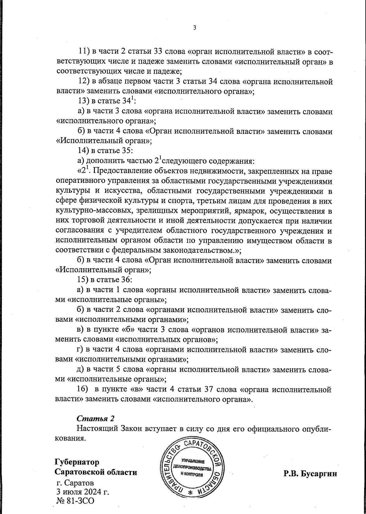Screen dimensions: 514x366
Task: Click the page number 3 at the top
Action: (x=195, y=28)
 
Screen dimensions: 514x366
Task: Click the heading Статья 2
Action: (x=95, y=418)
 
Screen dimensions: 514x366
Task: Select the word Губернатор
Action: (x=77, y=462)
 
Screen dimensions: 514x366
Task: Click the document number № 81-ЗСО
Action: (x=75, y=501)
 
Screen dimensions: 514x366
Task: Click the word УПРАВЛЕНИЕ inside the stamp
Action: (x=192, y=462)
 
